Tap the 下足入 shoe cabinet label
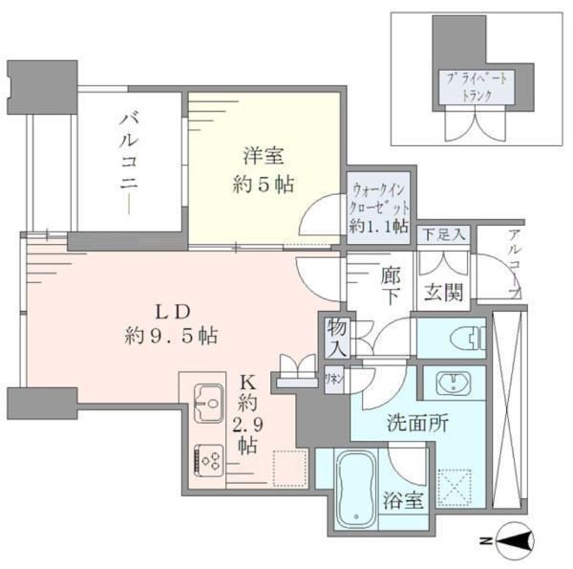pyautogui.click(x=444, y=234)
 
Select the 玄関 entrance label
pyautogui.click(x=445, y=291)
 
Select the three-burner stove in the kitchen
pyautogui.click(x=208, y=461)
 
